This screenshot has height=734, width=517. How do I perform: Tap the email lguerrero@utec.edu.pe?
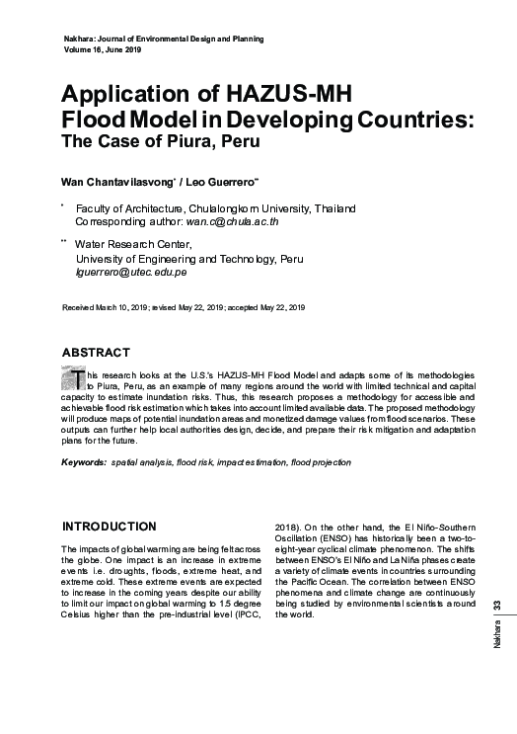point(131,271)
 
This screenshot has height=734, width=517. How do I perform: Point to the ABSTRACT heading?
point(96,353)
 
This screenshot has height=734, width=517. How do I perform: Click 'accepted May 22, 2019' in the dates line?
point(266,309)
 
